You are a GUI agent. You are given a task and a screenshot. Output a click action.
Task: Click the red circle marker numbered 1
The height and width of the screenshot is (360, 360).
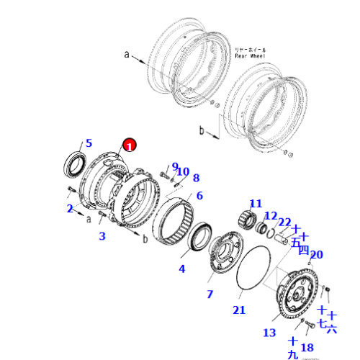pyautogui.click(x=129, y=145)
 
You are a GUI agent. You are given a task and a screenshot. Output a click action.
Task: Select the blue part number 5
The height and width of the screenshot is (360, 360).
pyautogui.click(x=89, y=143)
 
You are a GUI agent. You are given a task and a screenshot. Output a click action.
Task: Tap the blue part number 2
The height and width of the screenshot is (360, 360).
pyautogui.click(x=70, y=209)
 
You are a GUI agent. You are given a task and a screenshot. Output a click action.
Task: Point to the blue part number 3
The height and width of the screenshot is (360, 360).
pyautogui.click(x=102, y=236)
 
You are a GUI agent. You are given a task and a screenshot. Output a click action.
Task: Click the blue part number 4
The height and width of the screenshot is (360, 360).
pyautogui.click(x=182, y=269)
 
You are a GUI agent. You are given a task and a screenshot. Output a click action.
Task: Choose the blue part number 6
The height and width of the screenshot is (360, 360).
pyautogui.click(x=199, y=195)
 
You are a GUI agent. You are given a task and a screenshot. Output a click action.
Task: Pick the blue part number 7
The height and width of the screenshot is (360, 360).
pyautogui.click(x=210, y=294)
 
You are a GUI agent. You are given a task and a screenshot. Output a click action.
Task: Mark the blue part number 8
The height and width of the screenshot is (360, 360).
pyautogui.click(x=196, y=178)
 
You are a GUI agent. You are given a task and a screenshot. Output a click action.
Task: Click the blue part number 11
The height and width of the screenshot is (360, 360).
pyautogui.click(x=256, y=203)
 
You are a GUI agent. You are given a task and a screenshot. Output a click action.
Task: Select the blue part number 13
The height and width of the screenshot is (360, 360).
pyautogui.click(x=269, y=332)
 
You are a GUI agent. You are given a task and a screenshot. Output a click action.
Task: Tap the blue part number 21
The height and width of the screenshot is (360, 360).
pyautogui.click(x=239, y=310)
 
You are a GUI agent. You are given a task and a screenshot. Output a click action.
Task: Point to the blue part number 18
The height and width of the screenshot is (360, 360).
pyautogui.click(x=307, y=348)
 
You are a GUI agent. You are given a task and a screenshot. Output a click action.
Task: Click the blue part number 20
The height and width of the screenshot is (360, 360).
pyautogui.click(x=316, y=254)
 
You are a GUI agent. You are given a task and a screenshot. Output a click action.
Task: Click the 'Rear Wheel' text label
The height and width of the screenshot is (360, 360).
pyautogui.click(x=250, y=54)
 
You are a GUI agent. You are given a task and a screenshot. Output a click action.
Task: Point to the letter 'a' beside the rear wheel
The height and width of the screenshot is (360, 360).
pyautogui.click(x=126, y=53)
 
